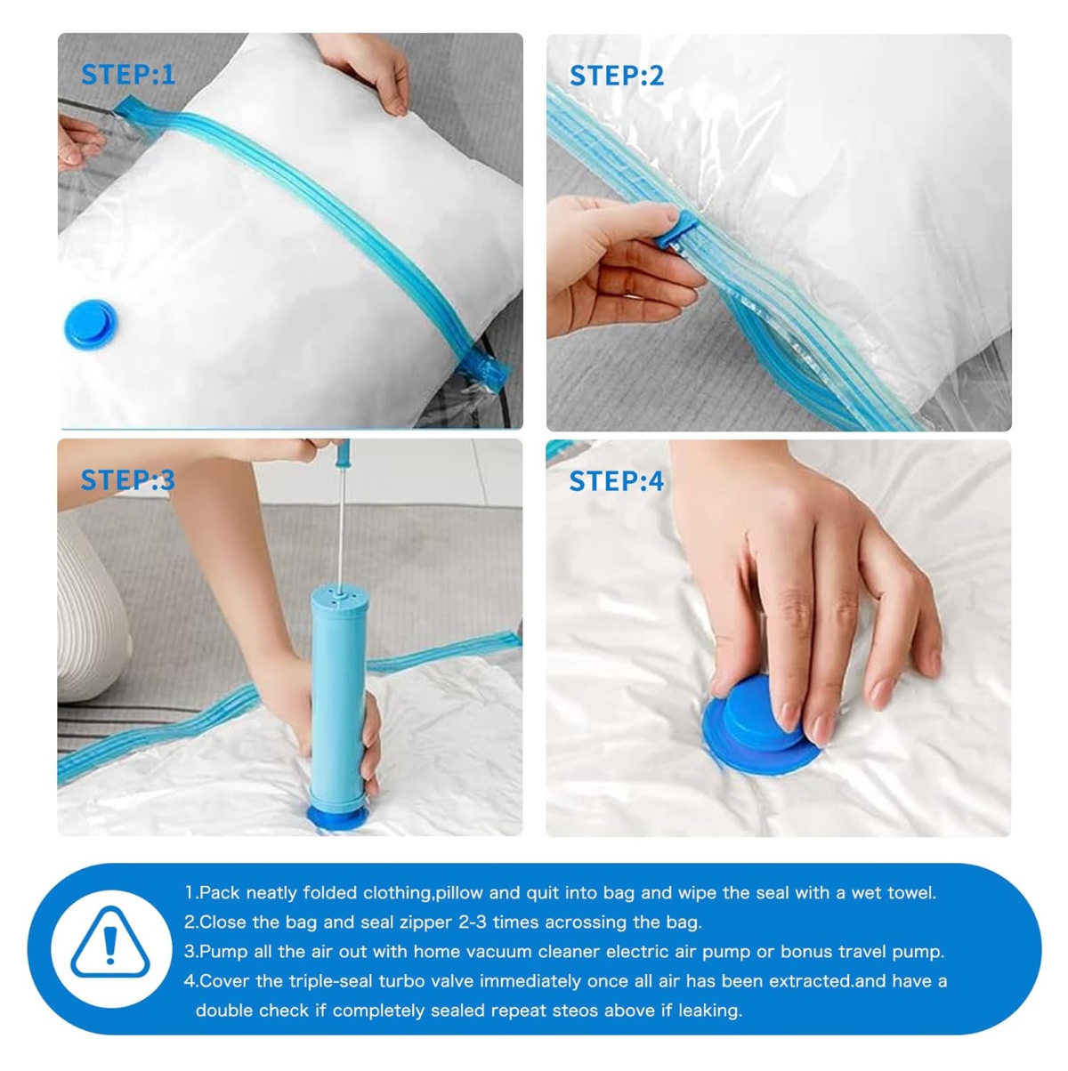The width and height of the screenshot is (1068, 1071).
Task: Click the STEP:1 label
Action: coord(128,75)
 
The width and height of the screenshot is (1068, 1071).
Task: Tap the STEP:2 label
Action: coord(616,76)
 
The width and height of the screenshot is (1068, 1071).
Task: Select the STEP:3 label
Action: coord(128,479)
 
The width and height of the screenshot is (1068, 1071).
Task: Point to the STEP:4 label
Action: coord(616,480)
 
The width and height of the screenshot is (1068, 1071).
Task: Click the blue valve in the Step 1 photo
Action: coord(91,324)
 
